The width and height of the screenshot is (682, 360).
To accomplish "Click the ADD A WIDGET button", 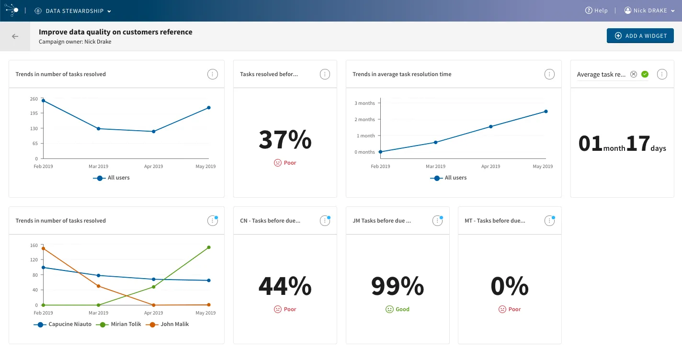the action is point(640,35).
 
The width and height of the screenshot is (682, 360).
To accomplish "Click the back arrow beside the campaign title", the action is point(15,36).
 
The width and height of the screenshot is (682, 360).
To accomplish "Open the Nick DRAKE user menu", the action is point(649,11).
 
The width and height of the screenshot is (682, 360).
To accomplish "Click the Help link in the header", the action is point(596,11).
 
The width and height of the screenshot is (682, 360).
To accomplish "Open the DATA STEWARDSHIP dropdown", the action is point(73,11).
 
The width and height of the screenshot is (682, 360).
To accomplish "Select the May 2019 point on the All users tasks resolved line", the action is point(209,108).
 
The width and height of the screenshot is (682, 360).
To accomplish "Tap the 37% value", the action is point(285,139).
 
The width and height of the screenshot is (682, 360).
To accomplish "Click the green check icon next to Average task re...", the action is point(645,74).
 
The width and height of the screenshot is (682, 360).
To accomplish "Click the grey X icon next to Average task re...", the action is point(634,74).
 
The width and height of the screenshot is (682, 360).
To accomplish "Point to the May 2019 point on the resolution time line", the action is point(546,112).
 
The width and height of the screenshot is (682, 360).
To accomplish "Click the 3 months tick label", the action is point(364,103).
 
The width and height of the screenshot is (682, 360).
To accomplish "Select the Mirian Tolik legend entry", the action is point(119,325).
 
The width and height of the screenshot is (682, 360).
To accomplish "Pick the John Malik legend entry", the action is point(168,325).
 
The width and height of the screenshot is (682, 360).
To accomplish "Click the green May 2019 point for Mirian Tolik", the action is point(209,247).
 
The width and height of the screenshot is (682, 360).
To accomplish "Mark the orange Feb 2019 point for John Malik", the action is point(43,248).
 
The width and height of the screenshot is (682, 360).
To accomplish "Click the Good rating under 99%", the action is point(398,309).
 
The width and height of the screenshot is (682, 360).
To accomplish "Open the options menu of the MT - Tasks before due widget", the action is point(549,221).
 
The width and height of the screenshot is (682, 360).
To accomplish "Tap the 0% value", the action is point(510,286).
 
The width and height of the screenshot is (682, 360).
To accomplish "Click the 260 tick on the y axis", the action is point(34,99).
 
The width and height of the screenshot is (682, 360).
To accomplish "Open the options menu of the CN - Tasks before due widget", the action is point(325,221).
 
